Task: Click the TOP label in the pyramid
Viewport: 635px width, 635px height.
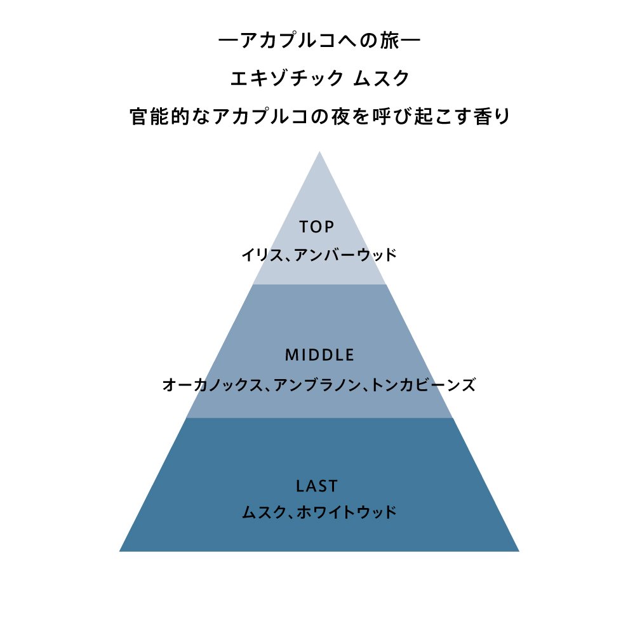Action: click(317, 227)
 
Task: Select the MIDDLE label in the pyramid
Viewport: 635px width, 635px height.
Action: click(319, 355)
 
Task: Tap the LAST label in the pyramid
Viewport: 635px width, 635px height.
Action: click(317, 486)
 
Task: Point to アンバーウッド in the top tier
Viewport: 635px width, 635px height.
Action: click(345, 255)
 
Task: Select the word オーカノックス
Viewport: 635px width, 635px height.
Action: click(213, 385)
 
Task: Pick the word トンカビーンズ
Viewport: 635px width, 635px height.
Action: click(423, 385)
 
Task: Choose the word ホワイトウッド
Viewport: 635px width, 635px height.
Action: click(347, 512)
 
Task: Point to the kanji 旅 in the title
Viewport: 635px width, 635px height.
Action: click(390, 41)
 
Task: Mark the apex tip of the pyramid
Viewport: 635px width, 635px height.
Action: click(319, 152)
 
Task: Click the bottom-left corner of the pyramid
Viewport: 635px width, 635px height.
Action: click(119, 551)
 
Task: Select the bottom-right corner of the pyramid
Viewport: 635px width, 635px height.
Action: click(519, 551)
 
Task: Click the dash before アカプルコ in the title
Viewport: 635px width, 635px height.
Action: click(229, 41)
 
